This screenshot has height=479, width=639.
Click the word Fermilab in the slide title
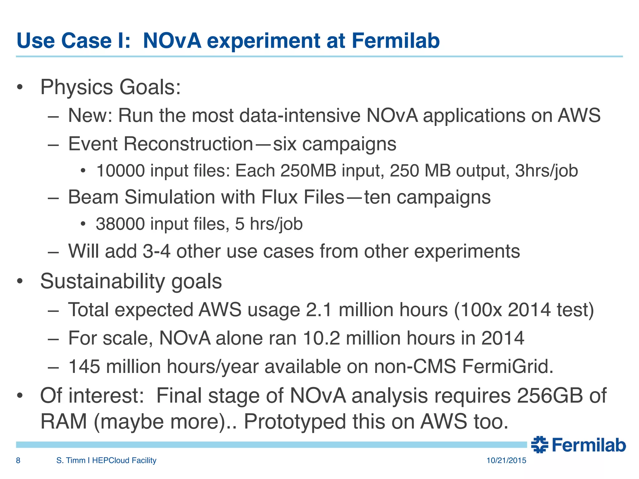pyautogui.click(x=396, y=41)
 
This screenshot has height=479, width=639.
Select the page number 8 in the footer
pyautogui.click(x=18, y=460)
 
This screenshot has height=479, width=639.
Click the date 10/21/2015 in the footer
pyautogui.click(x=506, y=460)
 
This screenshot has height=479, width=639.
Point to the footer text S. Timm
pyautogui.click(x=71, y=460)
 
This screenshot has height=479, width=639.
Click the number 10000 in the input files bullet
pyautogui.click(x=120, y=171)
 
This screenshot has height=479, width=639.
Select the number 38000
pyautogui.click(x=120, y=224)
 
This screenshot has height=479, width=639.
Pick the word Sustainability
pyautogui.click(x=102, y=281)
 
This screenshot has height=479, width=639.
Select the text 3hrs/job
pyautogui.click(x=546, y=171)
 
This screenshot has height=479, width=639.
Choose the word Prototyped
pyautogui.click(x=295, y=422)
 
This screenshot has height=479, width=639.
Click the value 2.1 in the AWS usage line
pyautogui.click(x=319, y=310)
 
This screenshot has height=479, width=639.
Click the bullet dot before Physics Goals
pyautogui.click(x=20, y=88)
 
